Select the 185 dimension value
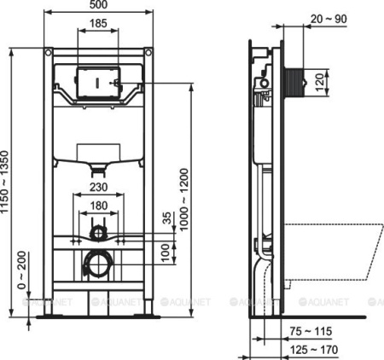pyautogui.click(x=101, y=22)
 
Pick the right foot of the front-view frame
pyautogui.click(x=150, y=312)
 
